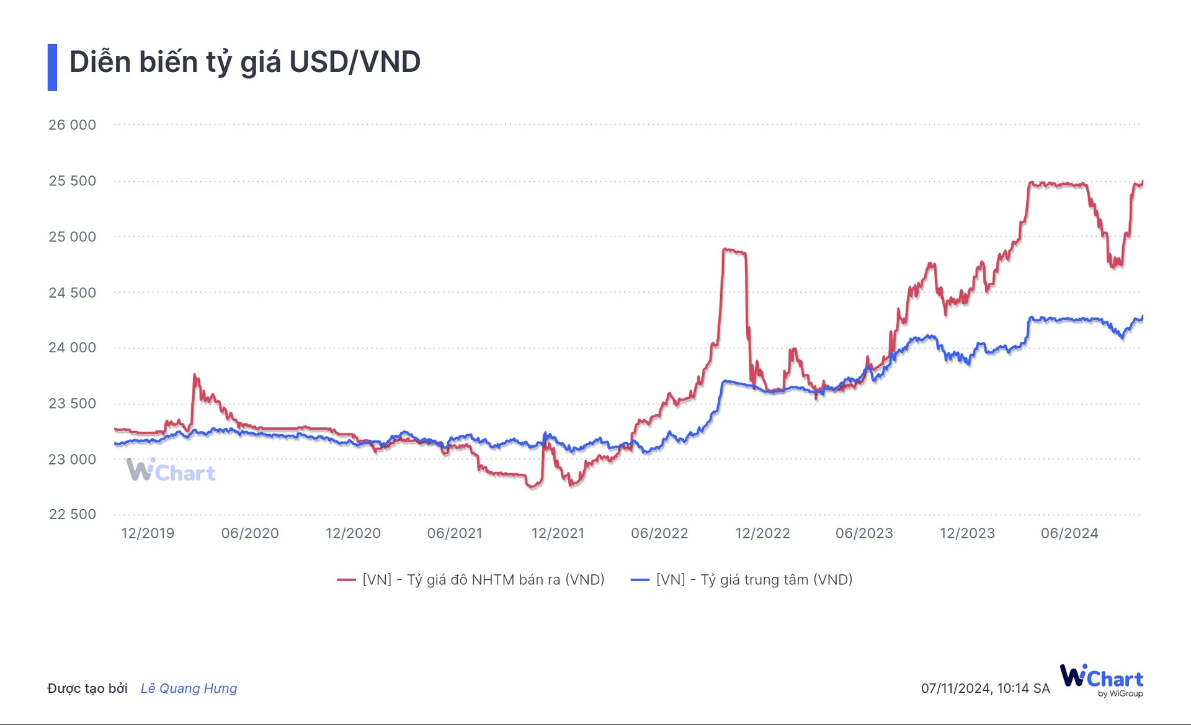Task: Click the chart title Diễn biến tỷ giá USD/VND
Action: [x=244, y=62]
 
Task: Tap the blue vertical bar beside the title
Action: [x=52, y=67]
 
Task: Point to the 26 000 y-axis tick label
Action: [x=72, y=125]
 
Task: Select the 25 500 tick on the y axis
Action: [x=72, y=180]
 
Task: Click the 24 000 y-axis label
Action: [x=72, y=347]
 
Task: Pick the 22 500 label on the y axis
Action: [x=72, y=514]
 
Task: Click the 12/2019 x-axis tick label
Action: [x=148, y=533]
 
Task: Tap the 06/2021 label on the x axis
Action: [x=455, y=533]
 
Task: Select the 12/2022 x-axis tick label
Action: [x=762, y=533]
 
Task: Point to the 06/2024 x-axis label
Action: [x=1069, y=533]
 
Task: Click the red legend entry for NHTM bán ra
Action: [x=471, y=580]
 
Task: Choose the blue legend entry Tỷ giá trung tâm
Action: [x=742, y=580]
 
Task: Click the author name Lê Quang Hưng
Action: [x=189, y=688]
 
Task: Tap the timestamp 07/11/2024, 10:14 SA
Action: [x=985, y=688]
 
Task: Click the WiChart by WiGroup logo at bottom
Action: [x=1102, y=680]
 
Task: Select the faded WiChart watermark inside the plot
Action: [x=171, y=471]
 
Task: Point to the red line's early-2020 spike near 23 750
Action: [x=195, y=375]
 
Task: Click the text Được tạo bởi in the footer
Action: [x=87, y=688]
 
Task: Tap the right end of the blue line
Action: [x=1142, y=318]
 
